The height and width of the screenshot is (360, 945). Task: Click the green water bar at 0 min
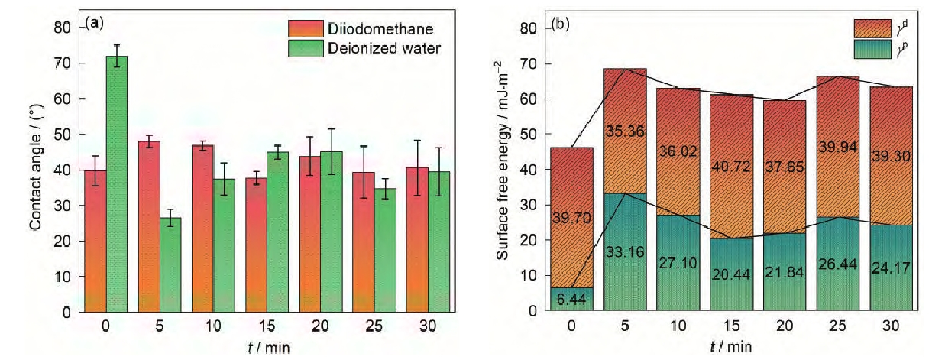pos(117,183)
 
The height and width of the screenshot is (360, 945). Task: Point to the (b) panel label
pos(561,24)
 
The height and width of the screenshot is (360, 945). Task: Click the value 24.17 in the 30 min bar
pos(891,269)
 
